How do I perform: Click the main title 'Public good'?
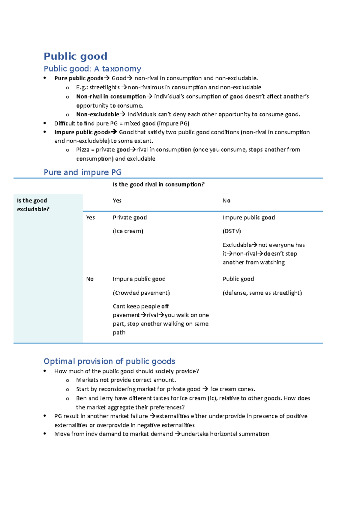pyautogui.click(x=75, y=56)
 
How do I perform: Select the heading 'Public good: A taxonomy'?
pyautogui.click(x=92, y=69)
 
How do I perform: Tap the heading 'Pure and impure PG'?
pyautogui.click(x=82, y=172)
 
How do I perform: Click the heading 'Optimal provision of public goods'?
pyautogui.click(x=109, y=361)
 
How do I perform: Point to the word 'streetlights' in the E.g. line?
pyautogui.click(x=104, y=88)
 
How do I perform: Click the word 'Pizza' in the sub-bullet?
pyautogui.click(x=82, y=150)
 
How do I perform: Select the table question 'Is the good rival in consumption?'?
pyautogui.click(x=158, y=185)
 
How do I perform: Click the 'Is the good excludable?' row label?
pyautogui.click(x=32, y=205)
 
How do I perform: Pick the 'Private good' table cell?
pyautogui.click(x=130, y=218)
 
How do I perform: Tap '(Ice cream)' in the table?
pyautogui.click(x=128, y=231)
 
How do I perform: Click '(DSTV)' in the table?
pyautogui.click(x=232, y=231)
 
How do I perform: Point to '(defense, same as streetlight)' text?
pyautogui.click(x=262, y=293)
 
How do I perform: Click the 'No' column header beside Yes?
pyautogui.click(x=226, y=201)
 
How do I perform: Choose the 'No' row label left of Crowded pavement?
pyautogui.click(x=90, y=279)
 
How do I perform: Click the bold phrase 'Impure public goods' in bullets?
pyautogui.click(x=82, y=132)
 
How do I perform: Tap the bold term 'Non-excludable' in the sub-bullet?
pyautogui.click(x=97, y=115)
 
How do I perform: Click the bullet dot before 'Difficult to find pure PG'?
pyautogui.click(x=45, y=123)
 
